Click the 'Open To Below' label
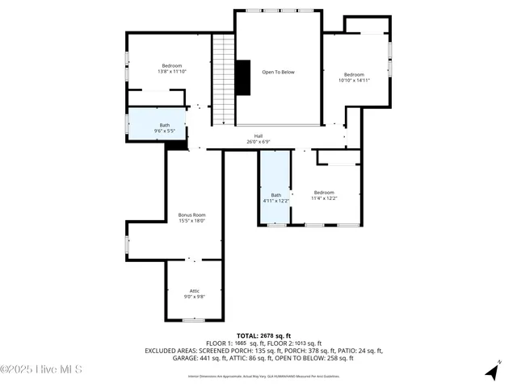(278, 72)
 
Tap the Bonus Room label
(192, 215)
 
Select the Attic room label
(194, 290)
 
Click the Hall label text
(258, 135)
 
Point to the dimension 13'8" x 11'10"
(171, 72)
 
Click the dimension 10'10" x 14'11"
(354, 81)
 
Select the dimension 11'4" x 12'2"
(324, 198)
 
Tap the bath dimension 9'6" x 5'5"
(165, 131)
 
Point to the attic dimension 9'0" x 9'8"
(194, 297)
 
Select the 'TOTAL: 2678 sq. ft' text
(258, 335)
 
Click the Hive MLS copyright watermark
(41, 370)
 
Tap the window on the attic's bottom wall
(193, 320)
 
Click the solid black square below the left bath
(175, 146)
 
